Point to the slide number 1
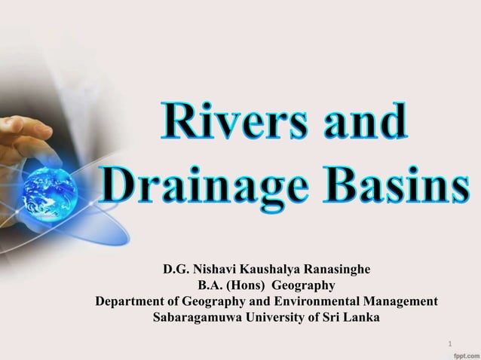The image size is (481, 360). [450, 345]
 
